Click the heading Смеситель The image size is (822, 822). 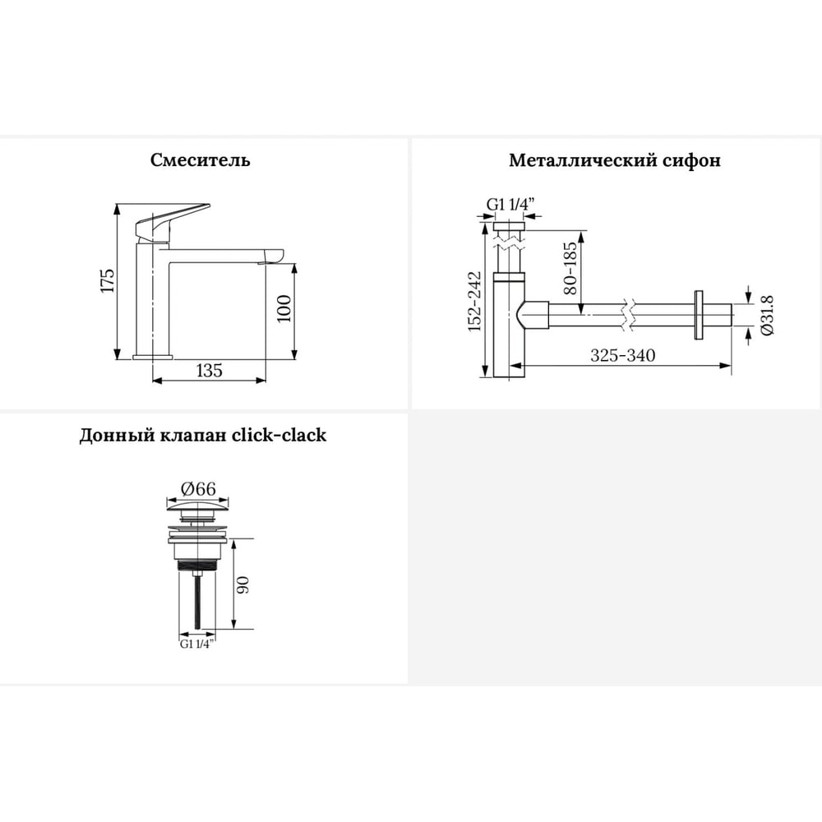200,159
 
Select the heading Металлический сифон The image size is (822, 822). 614,160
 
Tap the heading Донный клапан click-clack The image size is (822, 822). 202,435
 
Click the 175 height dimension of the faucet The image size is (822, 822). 108,281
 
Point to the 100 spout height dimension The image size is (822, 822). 284,309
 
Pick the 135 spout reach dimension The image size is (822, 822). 209,371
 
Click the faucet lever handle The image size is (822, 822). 172,222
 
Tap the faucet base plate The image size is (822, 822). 153,357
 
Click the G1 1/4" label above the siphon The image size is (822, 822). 510,205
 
